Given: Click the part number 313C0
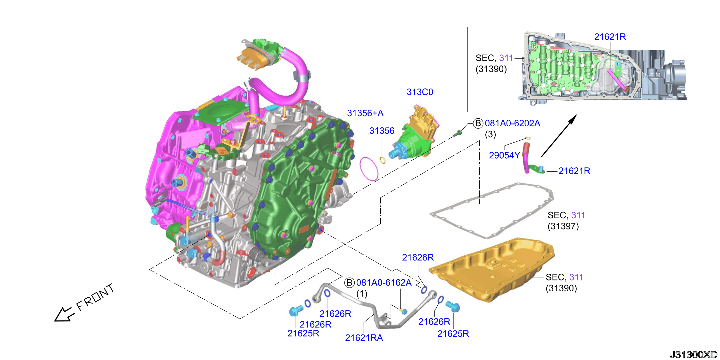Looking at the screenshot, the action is click(420, 92).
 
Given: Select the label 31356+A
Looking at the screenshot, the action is click(365, 113).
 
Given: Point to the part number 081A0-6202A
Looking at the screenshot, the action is click(512, 123).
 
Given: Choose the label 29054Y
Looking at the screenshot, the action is click(504, 155).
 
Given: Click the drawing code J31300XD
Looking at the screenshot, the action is click(694, 354).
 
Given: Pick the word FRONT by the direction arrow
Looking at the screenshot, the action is click(95, 297).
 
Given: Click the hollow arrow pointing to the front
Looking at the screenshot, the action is click(65, 314).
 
